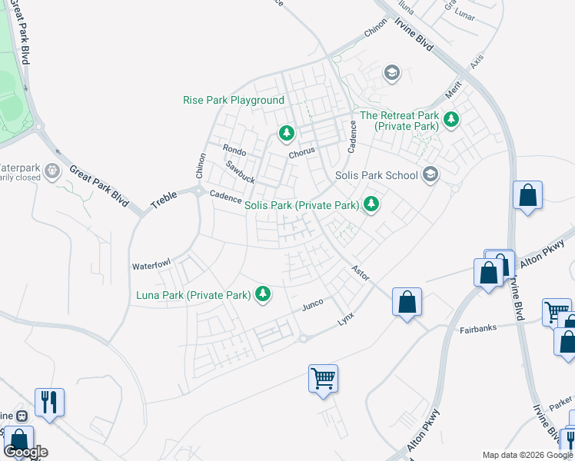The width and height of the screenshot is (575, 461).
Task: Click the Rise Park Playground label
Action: pos(234,101)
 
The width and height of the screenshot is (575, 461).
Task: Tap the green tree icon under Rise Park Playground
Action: pos(287,134)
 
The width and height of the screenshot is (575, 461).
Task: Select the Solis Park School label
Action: pos(377,175)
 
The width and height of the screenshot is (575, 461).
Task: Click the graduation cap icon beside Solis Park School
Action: pos(430,174)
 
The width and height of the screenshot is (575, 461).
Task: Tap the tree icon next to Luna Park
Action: pos(263,294)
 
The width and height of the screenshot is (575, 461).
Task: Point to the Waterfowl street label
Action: pos(150,266)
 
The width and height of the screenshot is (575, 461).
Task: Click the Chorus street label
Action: pos(302,154)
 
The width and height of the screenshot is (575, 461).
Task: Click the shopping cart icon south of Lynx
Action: pos(323,377)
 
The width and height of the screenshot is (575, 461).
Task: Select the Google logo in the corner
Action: pos(25,452)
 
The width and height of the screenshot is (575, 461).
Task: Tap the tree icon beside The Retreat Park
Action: pos(450,119)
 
